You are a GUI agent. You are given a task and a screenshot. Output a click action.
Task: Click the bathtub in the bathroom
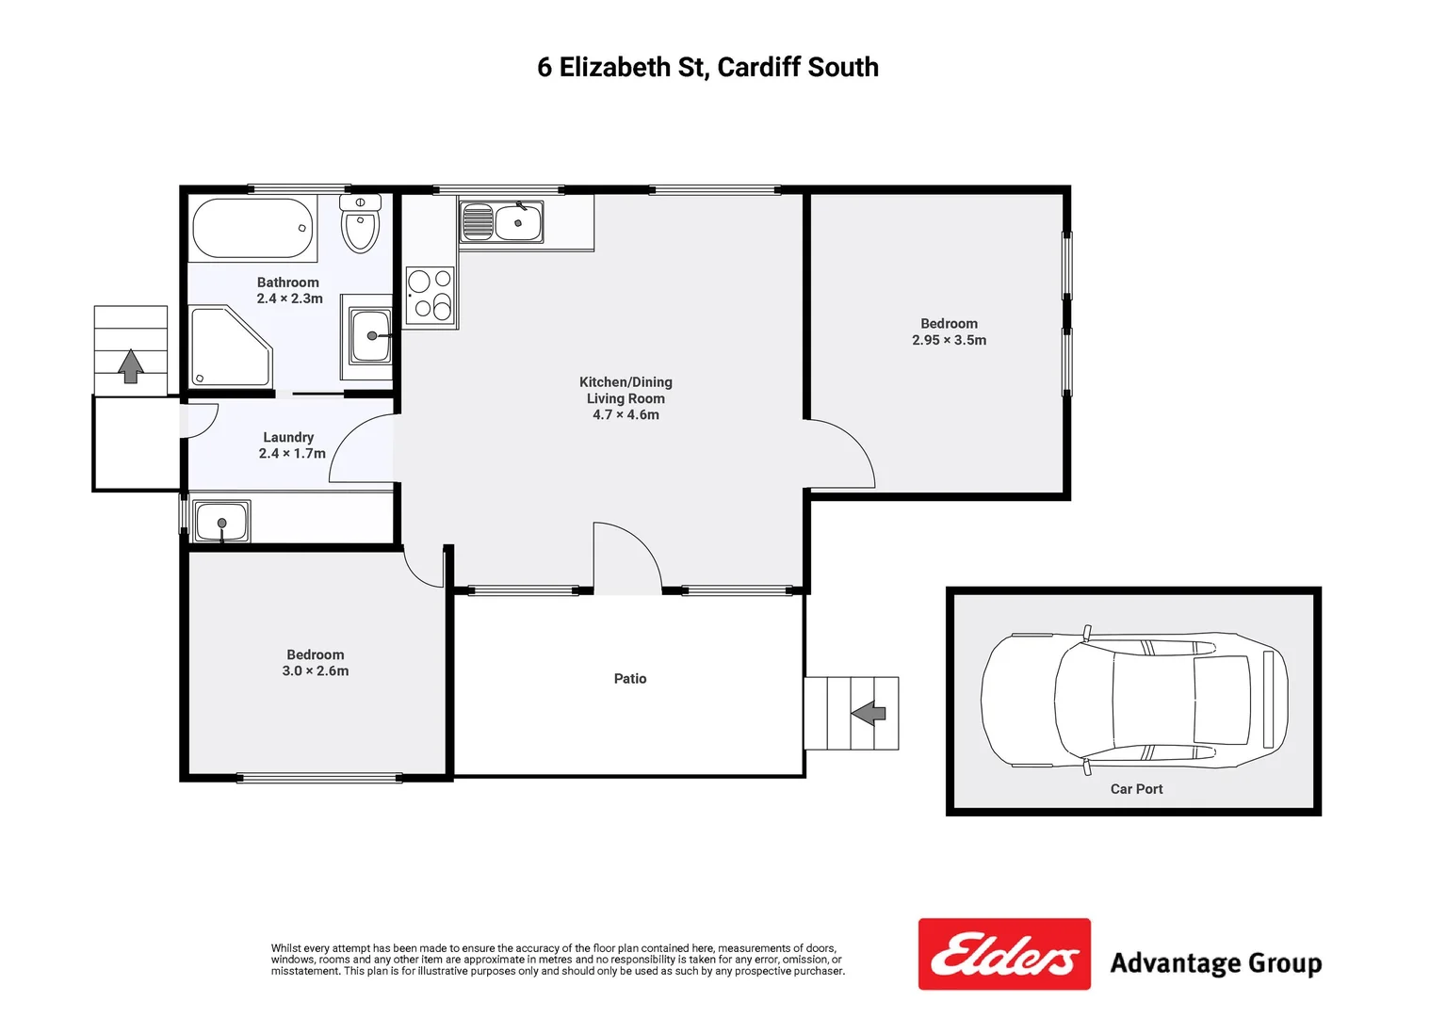click(252, 228)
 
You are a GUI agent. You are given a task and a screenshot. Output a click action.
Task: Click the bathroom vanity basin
click(370, 336)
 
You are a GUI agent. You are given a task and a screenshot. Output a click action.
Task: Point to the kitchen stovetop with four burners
click(430, 295)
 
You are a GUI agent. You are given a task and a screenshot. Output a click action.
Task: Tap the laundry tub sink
click(221, 522)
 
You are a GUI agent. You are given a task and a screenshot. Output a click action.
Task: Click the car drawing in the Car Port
click(1133, 699)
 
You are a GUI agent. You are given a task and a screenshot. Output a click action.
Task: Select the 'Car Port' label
click(1136, 789)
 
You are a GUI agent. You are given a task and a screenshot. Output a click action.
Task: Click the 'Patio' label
click(630, 678)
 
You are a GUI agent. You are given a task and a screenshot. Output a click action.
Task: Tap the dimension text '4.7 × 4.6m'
click(626, 414)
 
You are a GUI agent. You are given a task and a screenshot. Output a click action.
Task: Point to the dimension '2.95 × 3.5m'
click(949, 340)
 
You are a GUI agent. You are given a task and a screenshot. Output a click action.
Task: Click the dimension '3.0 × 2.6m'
click(316, 670)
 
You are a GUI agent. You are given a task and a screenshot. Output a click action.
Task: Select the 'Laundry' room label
click(288, 437)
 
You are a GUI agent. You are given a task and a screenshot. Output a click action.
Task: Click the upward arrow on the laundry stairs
click(131, 365)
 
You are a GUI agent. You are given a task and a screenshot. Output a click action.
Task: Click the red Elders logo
click(1004, 955)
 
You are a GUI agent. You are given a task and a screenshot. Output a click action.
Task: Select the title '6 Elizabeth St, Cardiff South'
click(707, 67)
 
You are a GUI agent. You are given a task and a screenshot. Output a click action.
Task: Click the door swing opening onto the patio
click(627, 558)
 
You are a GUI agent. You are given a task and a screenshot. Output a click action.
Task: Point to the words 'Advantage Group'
click(1215, 963)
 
